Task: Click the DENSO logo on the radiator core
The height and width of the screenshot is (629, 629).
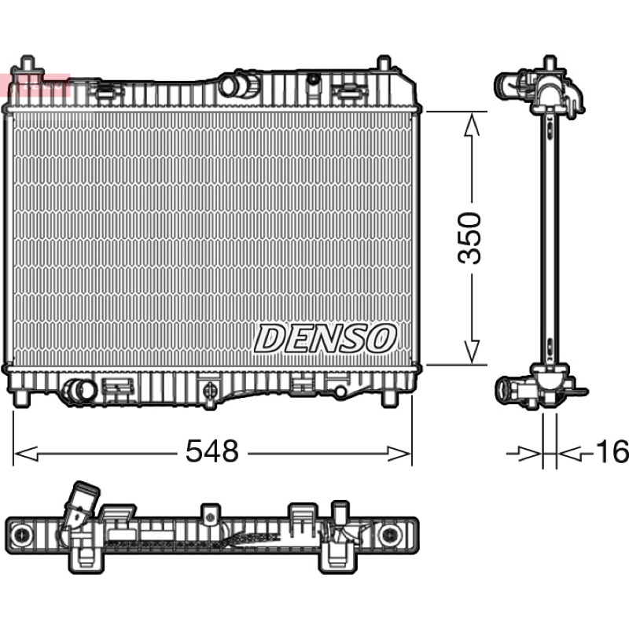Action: tap(326, 338)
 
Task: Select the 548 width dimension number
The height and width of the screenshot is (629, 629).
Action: tap(212, 451)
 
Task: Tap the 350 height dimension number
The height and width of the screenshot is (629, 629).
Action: tap(469, 238)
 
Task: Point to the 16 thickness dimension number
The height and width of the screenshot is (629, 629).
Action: tap(612, 451)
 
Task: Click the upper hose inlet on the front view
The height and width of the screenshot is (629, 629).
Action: tap(240, 86)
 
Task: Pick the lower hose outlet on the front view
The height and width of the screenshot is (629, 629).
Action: tap(79, 390)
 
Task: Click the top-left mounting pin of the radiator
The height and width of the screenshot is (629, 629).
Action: tap(27, 65)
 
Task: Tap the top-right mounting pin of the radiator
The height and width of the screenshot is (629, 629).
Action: tap(384, 64)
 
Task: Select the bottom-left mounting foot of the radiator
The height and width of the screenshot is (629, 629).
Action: tap(22, 399)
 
